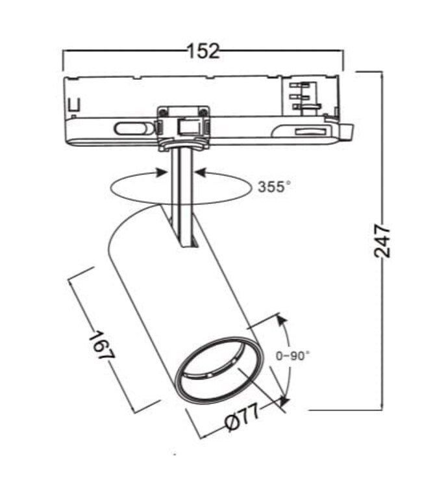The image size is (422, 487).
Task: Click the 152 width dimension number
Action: pyautogui.click(x=203, y=51)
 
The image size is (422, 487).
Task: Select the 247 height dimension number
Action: pyautogui.click(x=383, y=241)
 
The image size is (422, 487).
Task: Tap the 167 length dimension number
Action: pyautogui.click(x=101, y=347)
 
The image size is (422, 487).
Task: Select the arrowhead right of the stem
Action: pyautogui.click(x=200, y=172)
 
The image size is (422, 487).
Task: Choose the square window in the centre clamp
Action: pyautogui.click(x=188, y=125)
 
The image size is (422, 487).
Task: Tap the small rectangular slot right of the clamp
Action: pyautogui.click(x=310, y=132)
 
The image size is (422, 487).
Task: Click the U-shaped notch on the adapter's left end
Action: pyautogui.click(x=75, y=104)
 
